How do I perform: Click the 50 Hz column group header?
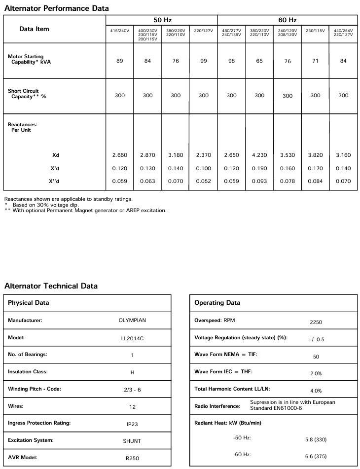tap(162, 20)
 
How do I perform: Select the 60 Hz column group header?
tap(288, 20)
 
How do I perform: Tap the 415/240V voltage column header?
tap(120, 31)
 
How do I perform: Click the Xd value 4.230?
tap(259, 155)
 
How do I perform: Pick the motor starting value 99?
tap(204, 61)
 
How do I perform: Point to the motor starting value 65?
tap(259, 61)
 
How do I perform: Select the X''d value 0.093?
tap(259, 181)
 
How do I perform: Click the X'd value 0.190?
tap(259, 168)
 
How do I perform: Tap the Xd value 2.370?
tap(204, 155)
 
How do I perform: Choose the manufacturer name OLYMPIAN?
tap(132, 320)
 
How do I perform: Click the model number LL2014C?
tap(132, 338)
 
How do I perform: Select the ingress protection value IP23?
tap(132, 424)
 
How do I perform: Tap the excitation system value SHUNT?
tap(132, 441)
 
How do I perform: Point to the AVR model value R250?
tap(132, 458)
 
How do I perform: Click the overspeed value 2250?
tap(316, 322)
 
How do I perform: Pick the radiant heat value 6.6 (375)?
tap(316, 456)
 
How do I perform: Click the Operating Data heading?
tap(217, 302)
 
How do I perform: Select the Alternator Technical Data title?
tap(51, 286)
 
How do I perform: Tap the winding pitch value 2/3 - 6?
tap(132, 390)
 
